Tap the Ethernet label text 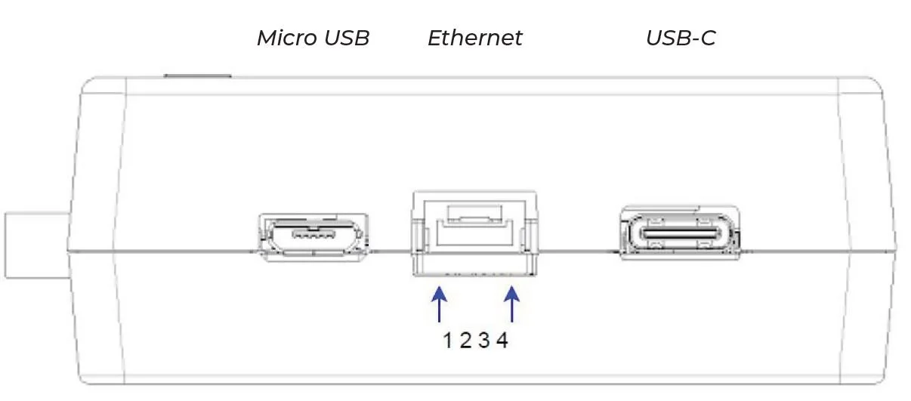point(474,38)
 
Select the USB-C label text point(681,38)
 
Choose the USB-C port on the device point(680,235)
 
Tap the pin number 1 point(447,341)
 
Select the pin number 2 point(465,341)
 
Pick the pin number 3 point(483,341)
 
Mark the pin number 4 point(502,341)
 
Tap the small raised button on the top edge point(197,76)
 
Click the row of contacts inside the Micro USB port point(313,235)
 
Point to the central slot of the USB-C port point(680,234)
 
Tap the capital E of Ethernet point(435,38)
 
